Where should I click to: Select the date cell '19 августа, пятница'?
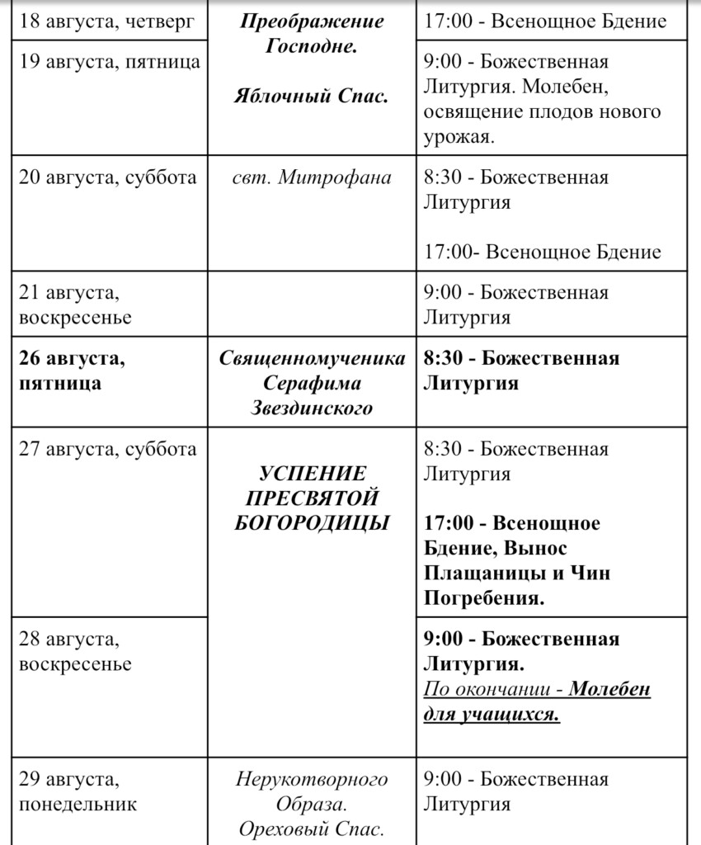click(x=110, y=63)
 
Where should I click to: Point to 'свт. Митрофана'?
click(x=312, y=178)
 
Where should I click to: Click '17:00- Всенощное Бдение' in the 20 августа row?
click(x=543, y=252)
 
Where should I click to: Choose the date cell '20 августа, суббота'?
click(x=108, y=178)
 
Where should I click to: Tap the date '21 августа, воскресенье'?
click(x=75, y=305)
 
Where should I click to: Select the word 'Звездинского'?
click(x=312, y=408)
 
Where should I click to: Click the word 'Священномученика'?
click(x=312, y=360)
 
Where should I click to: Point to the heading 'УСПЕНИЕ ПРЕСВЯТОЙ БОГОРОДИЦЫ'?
click(x=312, y=498)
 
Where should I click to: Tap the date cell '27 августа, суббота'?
click(x=108, y=450)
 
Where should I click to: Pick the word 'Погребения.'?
click(x=484, y=597)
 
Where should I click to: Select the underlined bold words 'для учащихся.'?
click(x=492, y=714)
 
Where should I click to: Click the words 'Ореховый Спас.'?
click(x=312, y=828)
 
